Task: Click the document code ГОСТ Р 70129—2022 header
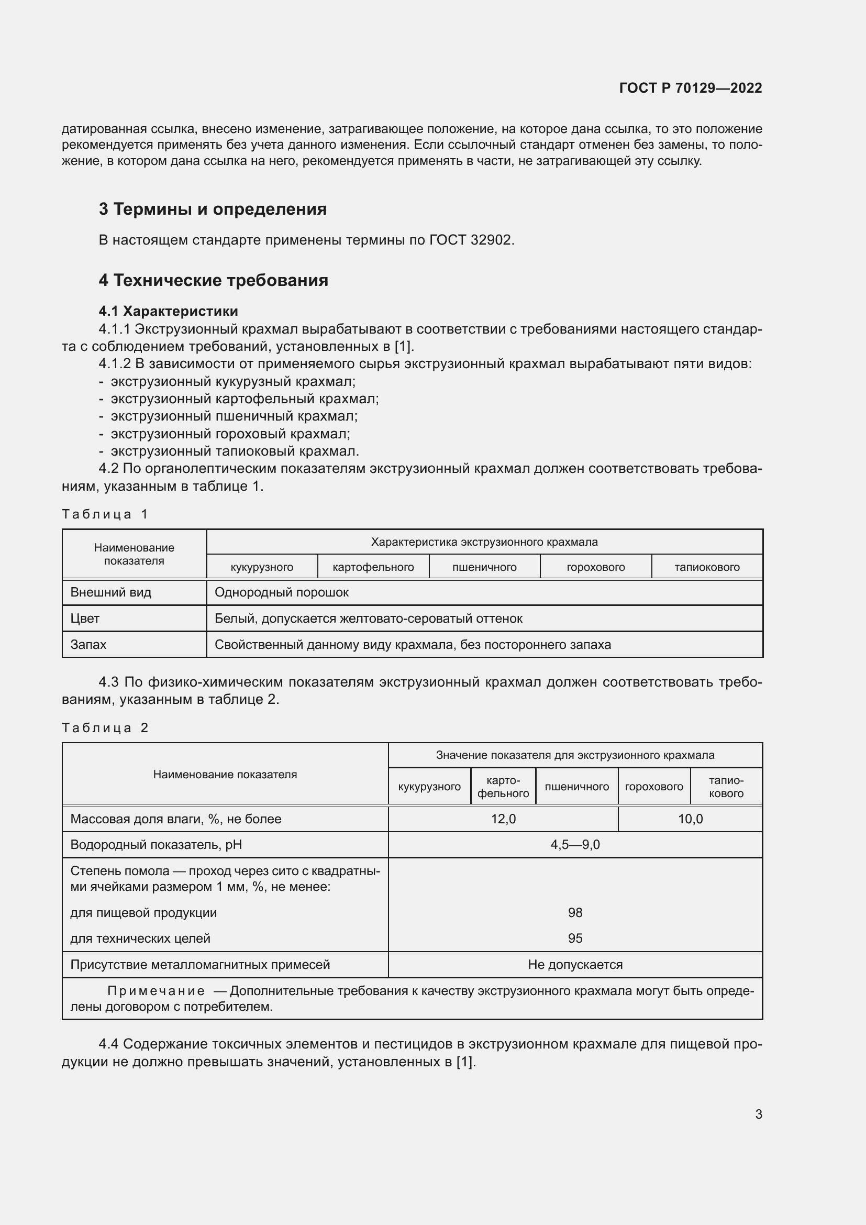(x=691, y=88)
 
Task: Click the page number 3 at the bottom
(x=758, y=1114)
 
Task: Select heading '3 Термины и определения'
(x=212, y=209)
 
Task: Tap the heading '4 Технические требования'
(x=213, y=280)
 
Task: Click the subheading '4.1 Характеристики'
(x=168, y=311)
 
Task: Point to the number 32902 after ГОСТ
(x=492, y=240)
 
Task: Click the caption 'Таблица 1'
(x=105, y=514)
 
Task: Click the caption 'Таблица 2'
(x=105, y=728)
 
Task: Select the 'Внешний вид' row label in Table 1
(x=111, y=592)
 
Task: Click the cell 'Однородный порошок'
(x=282, y=592)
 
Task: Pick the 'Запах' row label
(x=88, y=645)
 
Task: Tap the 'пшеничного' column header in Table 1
(x=484, y=567)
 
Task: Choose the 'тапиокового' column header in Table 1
(x=706, y=567)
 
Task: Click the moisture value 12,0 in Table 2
(x=503, y=819)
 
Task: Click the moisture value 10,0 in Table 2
(x=690, y=819)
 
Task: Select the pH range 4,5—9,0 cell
(x=575, y=845)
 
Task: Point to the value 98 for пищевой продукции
(x=575, y=912)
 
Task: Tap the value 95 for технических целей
(x=575, y=938)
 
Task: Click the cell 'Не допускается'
(x=575, y=964)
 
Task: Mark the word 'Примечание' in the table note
(x=156, y=991)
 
